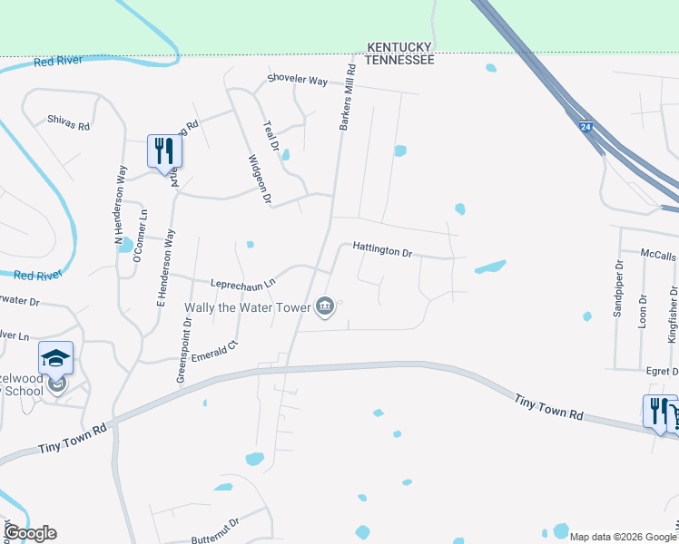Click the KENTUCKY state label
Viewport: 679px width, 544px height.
click(x=399, y=47)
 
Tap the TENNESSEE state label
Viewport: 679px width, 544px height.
click(x=399, y=60)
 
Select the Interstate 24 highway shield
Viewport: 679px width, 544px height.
click(x=586, y=128)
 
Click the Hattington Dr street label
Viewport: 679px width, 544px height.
click(x=382, y=249)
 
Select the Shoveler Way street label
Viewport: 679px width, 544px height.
click(x=297, y=81)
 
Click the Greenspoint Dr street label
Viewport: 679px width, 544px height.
click(x=187, y=347)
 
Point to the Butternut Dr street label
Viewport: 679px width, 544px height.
click(x=221, y=524)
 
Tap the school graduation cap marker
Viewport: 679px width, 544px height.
click(x=55, y=357)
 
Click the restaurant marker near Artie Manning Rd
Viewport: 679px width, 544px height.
click(x=164, y=151)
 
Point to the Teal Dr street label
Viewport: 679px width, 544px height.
click(x=270, y=137)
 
